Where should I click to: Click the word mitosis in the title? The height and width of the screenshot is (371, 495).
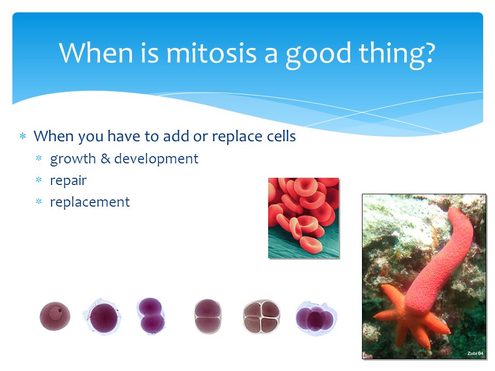pos(211,53)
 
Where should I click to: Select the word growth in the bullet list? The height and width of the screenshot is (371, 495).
pos(73,159)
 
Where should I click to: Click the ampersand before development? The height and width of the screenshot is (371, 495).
pos(105,158)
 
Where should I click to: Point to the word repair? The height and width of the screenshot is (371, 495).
pos(68,181)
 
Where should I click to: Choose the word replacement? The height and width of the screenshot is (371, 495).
pos(90,202)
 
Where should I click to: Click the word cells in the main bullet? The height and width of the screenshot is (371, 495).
pos(282,136)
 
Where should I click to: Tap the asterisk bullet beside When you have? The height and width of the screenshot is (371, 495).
pos(23,136)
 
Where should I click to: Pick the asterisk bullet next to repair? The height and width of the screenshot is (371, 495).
pos(39,180)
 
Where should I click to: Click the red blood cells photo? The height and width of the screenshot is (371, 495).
pos(304,218)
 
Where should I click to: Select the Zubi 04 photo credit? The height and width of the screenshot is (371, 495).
pos(475,353)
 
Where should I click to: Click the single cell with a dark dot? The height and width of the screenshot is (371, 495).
pos(55,316)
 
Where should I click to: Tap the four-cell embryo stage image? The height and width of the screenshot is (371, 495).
pos(261,316)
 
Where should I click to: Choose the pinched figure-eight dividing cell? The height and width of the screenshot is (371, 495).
pos(151,316)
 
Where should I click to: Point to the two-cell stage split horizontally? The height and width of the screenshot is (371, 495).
pos(207,316)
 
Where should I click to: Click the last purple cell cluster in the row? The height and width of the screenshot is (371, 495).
pos(316,318)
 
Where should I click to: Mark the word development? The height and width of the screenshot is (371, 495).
pos(156,159)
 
